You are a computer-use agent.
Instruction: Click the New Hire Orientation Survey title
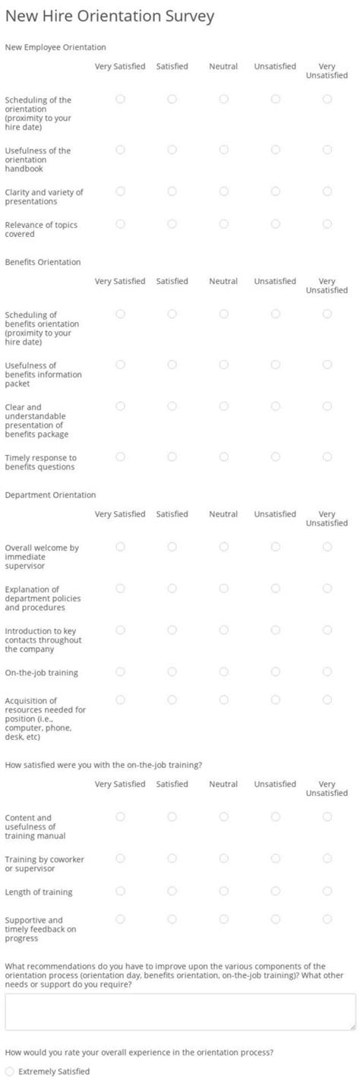109,16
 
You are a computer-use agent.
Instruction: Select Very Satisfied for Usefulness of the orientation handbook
120,150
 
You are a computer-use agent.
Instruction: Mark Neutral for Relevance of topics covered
223,224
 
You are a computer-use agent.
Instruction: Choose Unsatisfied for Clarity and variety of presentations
275,191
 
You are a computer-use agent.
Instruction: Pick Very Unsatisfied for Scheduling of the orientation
327,99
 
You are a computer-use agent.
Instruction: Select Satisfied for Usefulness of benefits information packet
172,365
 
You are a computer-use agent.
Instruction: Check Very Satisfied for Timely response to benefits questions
120,456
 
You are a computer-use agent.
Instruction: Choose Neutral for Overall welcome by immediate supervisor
223,547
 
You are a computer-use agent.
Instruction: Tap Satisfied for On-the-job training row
172,671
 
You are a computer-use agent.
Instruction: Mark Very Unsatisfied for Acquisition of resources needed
327,699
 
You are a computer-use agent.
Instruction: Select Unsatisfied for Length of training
275,891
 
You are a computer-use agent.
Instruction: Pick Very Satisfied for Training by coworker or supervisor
120,858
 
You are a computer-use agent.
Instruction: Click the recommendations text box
180,1012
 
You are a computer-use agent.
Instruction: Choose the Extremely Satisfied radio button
9,1071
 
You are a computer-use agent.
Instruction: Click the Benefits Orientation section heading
43,262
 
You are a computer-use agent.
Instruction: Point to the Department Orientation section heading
50,495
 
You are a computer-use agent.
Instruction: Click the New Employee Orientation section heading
55,47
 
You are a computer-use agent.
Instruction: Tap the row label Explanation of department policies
43,598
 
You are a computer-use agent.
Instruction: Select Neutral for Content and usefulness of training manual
223,816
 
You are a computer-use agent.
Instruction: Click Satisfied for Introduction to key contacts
172,630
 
